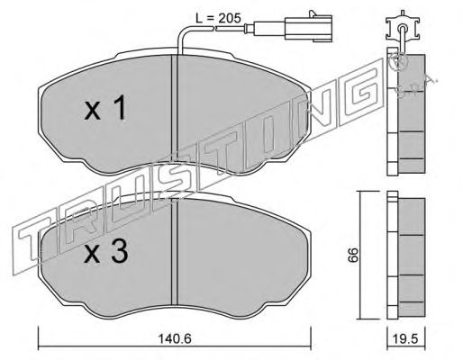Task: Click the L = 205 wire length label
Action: coord(218,18)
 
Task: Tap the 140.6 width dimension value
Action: coord(175,339)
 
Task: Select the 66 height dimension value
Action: coord(353,255)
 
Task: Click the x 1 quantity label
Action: coord(104,108)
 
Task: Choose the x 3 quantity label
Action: coord(106,252)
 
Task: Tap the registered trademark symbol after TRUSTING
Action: coord(399,63)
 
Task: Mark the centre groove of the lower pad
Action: coord(175,251)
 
